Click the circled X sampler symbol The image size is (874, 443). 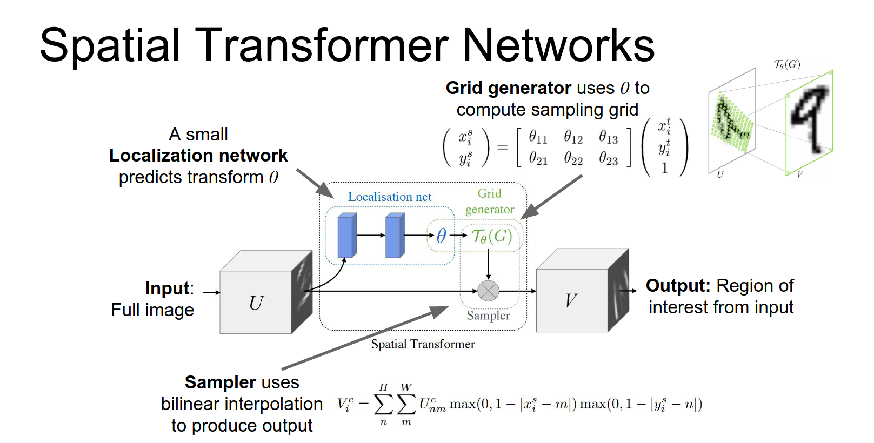click(488, 291)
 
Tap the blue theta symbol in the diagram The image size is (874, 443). click(442, 236)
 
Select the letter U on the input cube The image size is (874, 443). click(256, 303)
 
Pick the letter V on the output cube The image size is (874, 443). click(571, 300)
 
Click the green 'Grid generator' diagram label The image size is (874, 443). click(490, 202)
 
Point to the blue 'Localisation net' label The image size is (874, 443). click(389, 197)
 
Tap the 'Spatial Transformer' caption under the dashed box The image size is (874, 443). click(423, 344)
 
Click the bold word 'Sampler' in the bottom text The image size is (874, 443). click(219, 382)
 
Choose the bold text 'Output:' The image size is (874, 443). click(678, 286)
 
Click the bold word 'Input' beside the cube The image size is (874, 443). click(168, 288)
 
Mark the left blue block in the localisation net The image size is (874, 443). click(346, 236)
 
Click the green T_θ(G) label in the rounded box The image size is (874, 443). click(491, 236)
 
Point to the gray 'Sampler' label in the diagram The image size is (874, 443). click(488, 316)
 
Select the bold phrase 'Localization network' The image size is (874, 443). click(198, 156)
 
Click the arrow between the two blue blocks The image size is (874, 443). click(371, 236)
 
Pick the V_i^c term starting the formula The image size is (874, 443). click(345, 405)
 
